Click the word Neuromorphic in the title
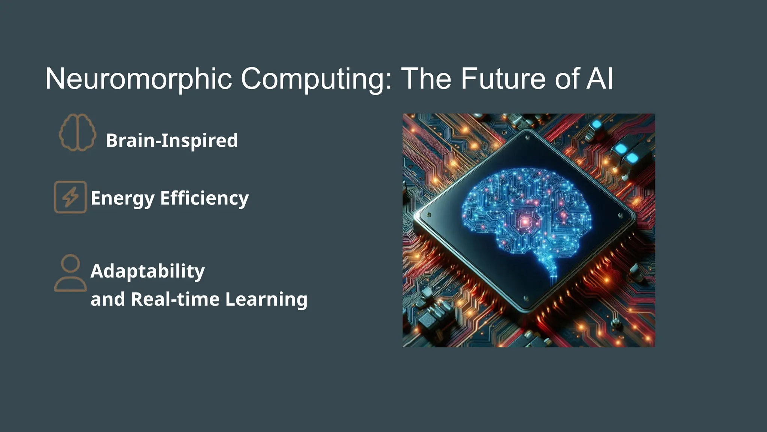coord(139,79)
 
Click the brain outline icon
coord(78,133)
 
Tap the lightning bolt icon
coord(70,197)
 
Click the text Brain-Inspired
coord(172,141)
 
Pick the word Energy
coord(122,198)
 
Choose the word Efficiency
coord(204,198)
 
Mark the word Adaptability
coord(148,271)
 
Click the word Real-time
coord(175,299)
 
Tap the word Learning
coord(266,299)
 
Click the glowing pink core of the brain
coord(525,222)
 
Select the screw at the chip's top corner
coord(527,138)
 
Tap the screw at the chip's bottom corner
coord(526,298)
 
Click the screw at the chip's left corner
coord(429,215)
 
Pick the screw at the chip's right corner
coord(621,216)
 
